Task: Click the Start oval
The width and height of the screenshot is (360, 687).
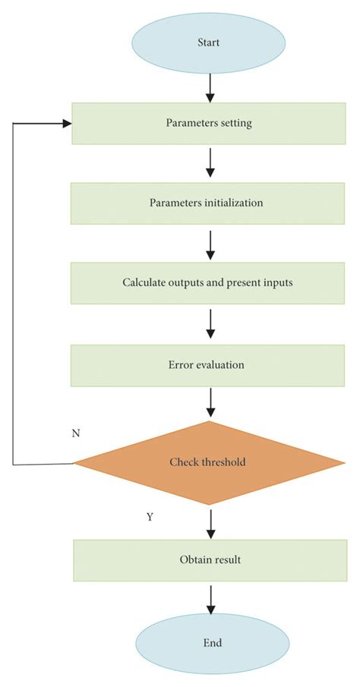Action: point(208,43)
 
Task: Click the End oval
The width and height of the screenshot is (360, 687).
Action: point(212,642)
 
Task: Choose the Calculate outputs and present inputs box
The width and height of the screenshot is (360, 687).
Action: point(207,283)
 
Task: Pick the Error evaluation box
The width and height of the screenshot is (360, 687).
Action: point(207,364)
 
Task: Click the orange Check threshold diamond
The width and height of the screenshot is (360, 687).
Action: point(208,462)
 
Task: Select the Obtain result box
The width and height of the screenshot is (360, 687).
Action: point(211,560)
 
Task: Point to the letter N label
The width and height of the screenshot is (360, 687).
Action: point(76,433)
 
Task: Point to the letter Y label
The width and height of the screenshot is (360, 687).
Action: point(150,517)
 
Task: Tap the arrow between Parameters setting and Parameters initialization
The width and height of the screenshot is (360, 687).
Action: point(210,163)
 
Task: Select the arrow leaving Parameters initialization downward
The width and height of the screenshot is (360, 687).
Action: point(210,243)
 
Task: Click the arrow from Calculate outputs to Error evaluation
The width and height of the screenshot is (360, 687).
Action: point(210,324)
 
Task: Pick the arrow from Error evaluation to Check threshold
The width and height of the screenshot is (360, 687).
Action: point(210,403)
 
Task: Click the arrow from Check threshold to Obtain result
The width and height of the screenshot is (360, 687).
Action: point(210,523)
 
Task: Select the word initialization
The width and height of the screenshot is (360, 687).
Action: point(232,203)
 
